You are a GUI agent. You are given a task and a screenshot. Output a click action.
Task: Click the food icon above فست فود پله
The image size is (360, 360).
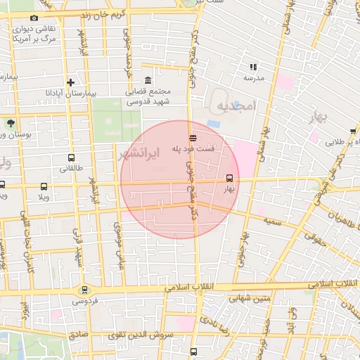click(x=193, y=137)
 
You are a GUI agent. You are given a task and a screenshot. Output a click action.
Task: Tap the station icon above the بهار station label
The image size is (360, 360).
click(x=229, y=178)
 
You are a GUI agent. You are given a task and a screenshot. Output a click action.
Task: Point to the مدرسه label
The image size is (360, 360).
click(x=254, y=78)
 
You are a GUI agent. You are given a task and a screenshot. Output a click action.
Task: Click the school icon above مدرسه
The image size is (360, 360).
click(x=252, y=67)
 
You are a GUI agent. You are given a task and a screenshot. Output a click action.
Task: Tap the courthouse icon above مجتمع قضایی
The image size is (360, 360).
click(x=147, y=80)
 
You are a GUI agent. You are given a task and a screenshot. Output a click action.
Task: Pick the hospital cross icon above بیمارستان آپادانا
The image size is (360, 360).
click(x=70, y=82)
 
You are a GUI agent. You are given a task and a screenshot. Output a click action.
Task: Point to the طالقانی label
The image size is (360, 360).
click(x=72, y=168)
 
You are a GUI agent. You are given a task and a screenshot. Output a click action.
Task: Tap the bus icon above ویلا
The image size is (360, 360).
click(x=44, y=187)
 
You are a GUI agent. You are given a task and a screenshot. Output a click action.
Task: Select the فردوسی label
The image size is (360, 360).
click(x=84, y=301)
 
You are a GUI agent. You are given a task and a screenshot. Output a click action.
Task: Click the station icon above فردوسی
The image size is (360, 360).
click(x=84, y=289)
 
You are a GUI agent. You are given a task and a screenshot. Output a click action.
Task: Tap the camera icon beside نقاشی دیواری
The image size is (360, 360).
click(x=34, y=18)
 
